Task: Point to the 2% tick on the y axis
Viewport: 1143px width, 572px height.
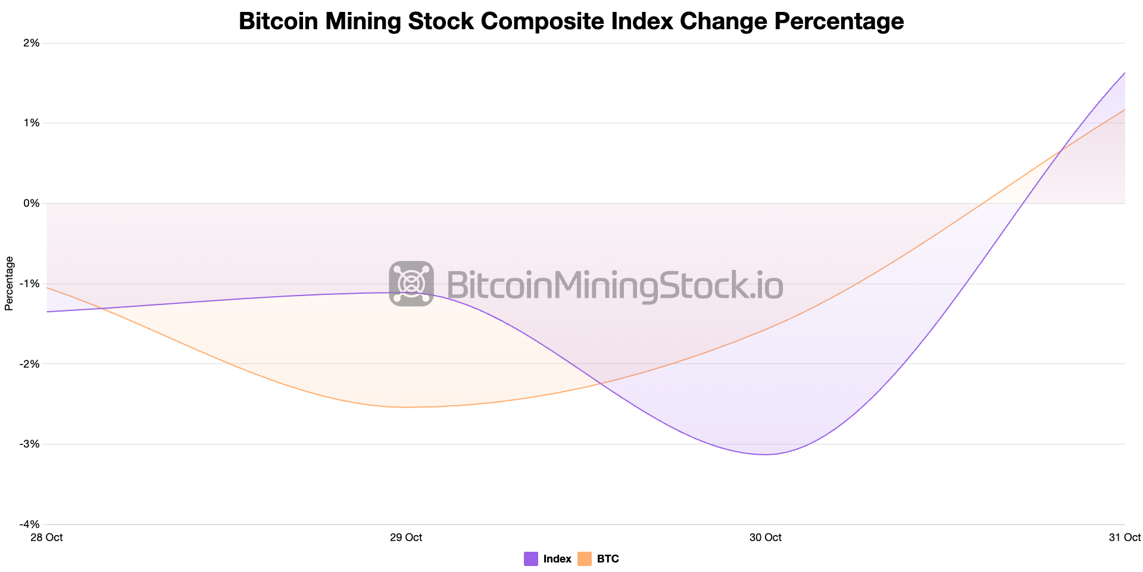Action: tap(32, 43)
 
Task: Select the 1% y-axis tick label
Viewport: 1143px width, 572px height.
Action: tap(32, 123)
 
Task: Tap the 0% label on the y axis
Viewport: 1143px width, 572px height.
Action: tap(32, 204)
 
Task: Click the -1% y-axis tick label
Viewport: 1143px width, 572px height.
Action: tap(30, 284)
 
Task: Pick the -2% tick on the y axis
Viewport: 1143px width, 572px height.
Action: tap(30, 364)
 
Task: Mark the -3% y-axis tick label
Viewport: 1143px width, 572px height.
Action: tap(30, 444)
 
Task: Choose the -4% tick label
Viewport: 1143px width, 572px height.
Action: tap(30, 524)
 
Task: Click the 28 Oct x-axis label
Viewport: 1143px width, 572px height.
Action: tap(46, 537)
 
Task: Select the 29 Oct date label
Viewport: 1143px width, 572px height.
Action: tap(406, 537)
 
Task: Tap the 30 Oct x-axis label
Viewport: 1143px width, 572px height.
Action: tap(766, 537)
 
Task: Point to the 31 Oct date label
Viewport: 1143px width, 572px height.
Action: tap(1125, 537)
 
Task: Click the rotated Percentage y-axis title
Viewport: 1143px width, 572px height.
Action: tap(9, 284)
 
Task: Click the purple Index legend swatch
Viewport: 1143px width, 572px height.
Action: tap(531, 559)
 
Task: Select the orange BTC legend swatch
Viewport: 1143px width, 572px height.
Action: tap(585, 559)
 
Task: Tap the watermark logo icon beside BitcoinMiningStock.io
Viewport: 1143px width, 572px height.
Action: tap(411, 284)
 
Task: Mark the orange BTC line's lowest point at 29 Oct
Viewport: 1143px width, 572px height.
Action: tap(406, 408)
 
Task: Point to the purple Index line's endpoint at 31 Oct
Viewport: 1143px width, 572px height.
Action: tap(1125, 73)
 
